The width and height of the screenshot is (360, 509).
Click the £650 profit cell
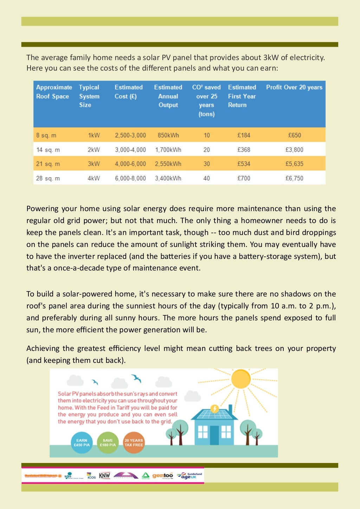point(294,135)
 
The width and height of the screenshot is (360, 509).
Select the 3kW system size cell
point(94,164)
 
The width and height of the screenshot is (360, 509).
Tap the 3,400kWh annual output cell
point(168,178)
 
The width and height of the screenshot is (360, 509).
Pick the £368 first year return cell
point(244,150)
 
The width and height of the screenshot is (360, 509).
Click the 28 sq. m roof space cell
point(48,178)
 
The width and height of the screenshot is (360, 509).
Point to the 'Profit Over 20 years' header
point(294,87)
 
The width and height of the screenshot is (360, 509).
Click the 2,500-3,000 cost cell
point(130,135)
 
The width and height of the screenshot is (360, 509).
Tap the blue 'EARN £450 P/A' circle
point(82,443)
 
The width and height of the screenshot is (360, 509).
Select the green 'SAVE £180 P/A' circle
point(108,443)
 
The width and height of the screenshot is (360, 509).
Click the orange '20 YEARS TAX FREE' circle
point(134,443)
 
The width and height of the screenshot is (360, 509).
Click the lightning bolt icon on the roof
point(214,409)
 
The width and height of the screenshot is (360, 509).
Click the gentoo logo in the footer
point(162,476)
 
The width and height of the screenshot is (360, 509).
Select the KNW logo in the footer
point(104,476)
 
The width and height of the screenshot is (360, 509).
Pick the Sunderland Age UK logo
point(190,476)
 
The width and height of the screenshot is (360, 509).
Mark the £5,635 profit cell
point(294,164)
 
